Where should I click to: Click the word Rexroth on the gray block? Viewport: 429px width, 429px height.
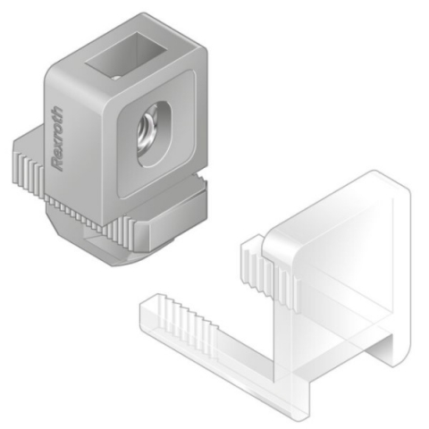(61, 138)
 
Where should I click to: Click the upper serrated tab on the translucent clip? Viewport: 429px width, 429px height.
(268, 268)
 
